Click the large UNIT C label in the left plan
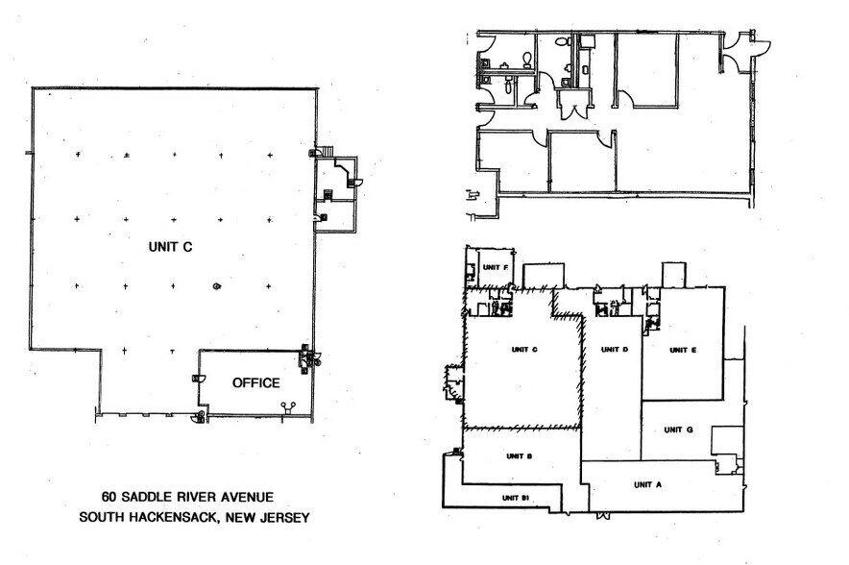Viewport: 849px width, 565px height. click(x=172, y=247)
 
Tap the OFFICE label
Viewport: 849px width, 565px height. click(x=256, y=383)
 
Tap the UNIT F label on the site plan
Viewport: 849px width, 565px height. click(x=495, y=267)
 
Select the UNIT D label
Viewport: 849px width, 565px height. click(x=612, y=350)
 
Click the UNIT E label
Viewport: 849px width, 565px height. click(x=682, y=350)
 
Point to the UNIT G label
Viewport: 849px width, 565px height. click(x=678, y=430)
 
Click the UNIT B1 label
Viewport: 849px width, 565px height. click(x=517, y=497)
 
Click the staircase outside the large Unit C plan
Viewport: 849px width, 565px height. click(x=327, y=151)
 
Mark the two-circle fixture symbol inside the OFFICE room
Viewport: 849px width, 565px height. click(x=285, y=406)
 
